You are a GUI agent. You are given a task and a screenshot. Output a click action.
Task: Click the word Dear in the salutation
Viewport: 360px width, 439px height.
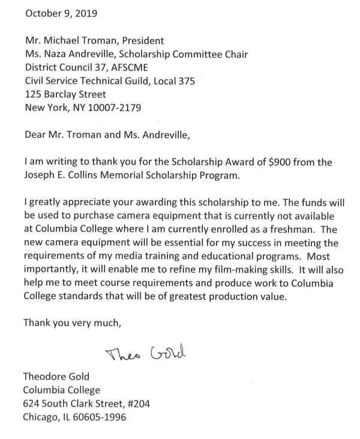tap(35, 135)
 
